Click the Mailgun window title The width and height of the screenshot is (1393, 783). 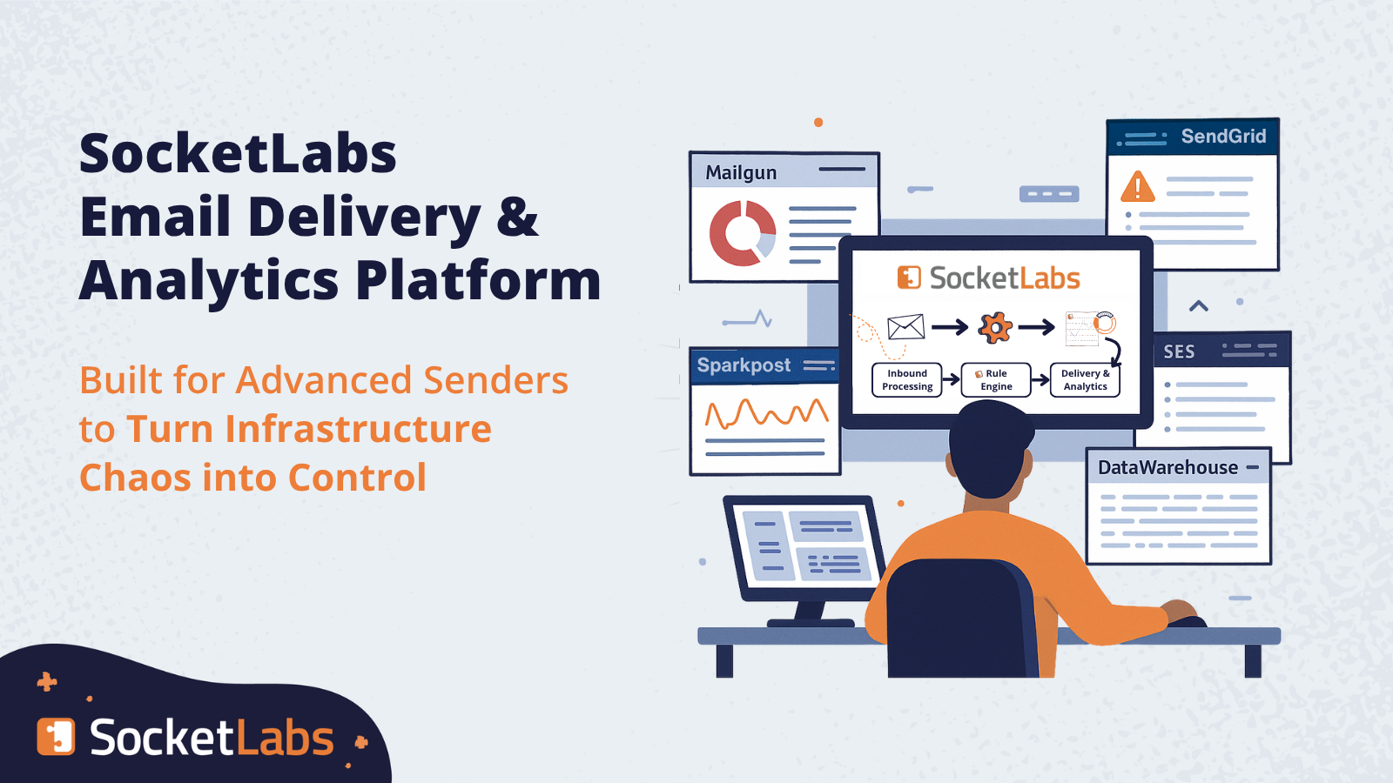[741, 173]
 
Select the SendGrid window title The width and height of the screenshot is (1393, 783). [1223, 136]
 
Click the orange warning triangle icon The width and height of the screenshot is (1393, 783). [1137, 186]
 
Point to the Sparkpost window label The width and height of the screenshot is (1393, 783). [744, 365]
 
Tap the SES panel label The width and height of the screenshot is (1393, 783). [1179, 351]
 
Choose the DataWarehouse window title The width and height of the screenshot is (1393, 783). [1168, 467]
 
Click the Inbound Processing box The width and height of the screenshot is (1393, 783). [906, 379]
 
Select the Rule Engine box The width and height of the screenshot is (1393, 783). [996, 379]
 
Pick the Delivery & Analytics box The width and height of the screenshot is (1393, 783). [1085, 379]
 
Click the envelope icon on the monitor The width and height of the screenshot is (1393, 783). [905, 327]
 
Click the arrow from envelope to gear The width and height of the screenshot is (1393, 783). [950, 327]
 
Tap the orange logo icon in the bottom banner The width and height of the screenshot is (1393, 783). [56, 737]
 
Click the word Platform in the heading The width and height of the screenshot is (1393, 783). [478, 281]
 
